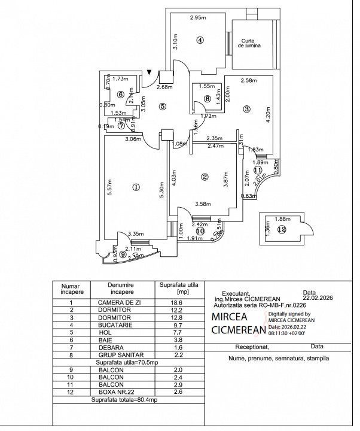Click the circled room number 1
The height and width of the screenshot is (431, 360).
click(136, 187)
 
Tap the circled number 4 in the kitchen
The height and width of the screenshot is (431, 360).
click(200, 40)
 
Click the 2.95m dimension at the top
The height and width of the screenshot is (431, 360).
click(198, 18)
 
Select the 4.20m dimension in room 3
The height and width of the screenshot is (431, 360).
click(268, 114)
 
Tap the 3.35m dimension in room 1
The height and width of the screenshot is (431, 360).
click(136, 234)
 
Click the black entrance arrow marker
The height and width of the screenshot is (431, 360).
click(149, 72)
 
